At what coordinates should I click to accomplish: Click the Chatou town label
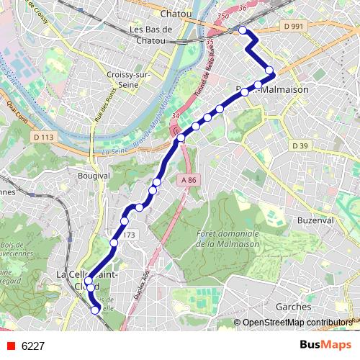coord(176,13)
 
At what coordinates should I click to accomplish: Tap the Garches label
coord(293,306)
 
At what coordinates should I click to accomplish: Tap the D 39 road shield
coord(300,145)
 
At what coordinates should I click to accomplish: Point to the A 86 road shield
coord(189,180)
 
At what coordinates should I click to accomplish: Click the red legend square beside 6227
coord(9,346)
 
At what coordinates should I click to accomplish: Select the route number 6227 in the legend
coord(33,346)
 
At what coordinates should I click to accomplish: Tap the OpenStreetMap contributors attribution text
coord(297,323)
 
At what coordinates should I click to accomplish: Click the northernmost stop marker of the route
coord(243,30)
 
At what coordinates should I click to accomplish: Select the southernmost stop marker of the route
coord(95,310)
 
